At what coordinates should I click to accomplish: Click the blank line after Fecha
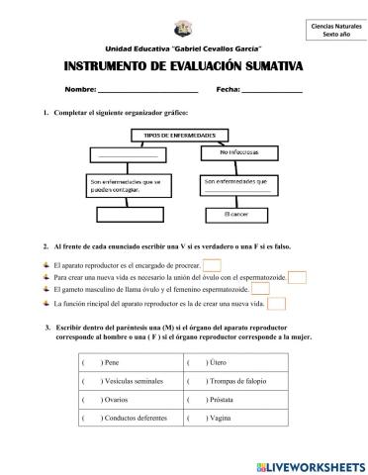tap(272, 92)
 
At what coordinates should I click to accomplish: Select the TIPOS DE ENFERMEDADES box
tap(182, 134)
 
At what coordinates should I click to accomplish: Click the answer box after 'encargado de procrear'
tap(211, 264)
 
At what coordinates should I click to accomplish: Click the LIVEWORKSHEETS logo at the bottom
tap(311, 464)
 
